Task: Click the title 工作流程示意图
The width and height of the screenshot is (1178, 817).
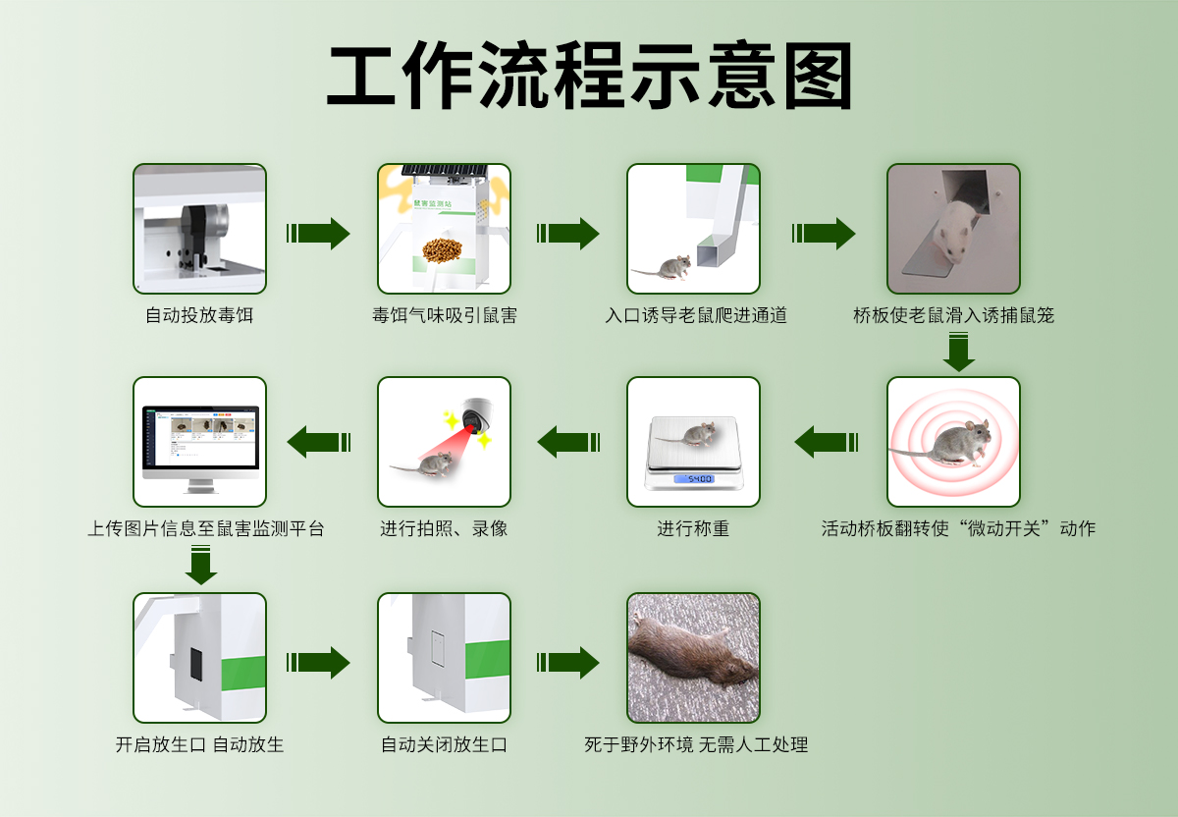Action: point(589,77)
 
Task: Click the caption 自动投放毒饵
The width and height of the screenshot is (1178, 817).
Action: point(199,315)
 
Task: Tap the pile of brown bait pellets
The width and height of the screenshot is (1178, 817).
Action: point(444,250)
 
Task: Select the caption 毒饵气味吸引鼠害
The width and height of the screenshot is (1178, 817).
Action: point(444,315)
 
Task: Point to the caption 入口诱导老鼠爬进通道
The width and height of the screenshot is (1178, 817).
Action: point(695,315)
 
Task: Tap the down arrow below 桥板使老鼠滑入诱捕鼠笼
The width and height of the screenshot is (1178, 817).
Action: point(958,353)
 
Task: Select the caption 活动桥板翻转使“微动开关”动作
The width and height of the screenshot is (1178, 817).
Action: point(958,528)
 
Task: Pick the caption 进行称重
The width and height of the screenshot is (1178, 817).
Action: point(693,528)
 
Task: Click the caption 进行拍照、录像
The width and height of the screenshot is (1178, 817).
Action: point(444,528)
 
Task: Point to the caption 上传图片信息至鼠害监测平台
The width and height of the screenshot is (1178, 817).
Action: point(205,528)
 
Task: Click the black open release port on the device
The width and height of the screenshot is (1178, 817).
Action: point(194,665)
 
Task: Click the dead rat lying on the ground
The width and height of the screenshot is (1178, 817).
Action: point(691,653)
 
